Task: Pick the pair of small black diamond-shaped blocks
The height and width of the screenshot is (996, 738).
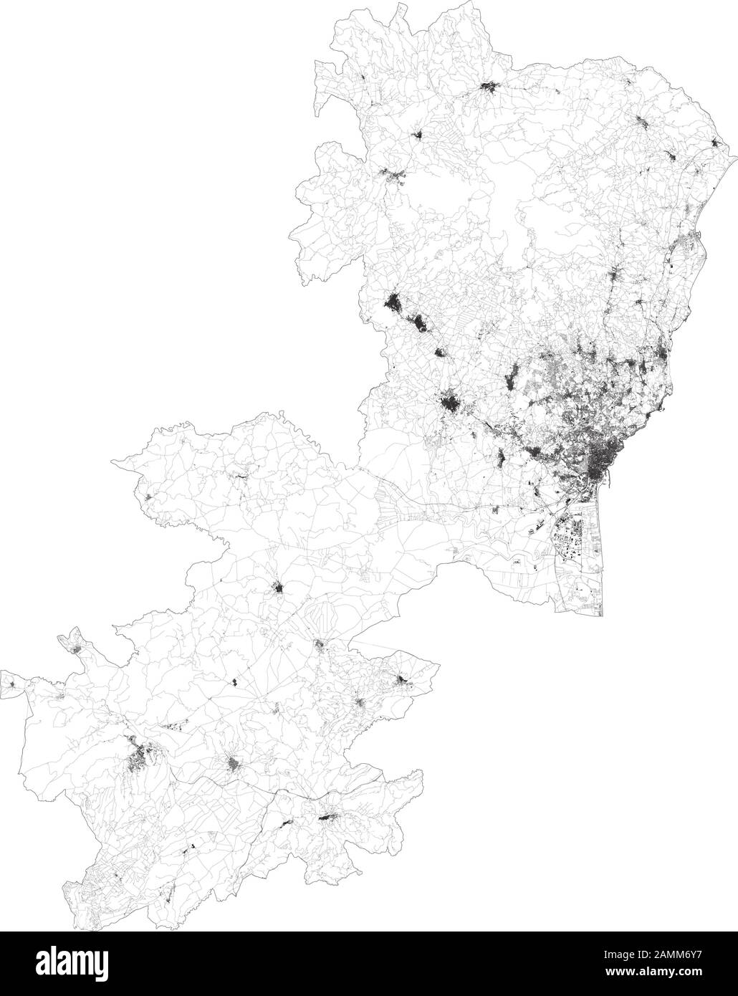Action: click(x=234, y=681)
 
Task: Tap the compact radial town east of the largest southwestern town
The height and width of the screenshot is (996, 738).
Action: click(x=234, y=766)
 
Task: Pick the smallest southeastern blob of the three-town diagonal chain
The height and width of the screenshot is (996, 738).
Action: click(x=440, y=352)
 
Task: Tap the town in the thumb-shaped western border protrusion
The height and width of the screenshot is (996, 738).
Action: click(x=76, y=648)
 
